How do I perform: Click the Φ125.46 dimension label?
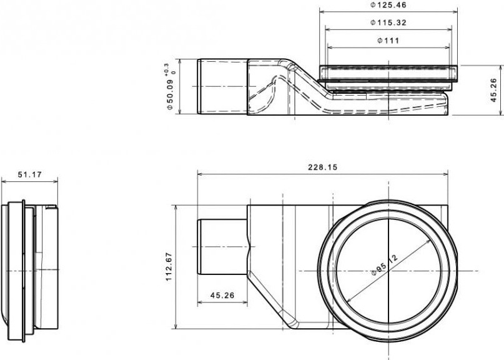click(388, 5)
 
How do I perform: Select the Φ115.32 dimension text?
click(388, 22)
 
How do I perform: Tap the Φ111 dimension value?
click(388, 41)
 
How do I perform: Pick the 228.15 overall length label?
click(323, 167)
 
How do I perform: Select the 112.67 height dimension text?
click(169, 267)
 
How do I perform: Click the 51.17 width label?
click(30, 175)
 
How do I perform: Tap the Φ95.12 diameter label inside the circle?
click(385, 265)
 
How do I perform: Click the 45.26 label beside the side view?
click(494, 91)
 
